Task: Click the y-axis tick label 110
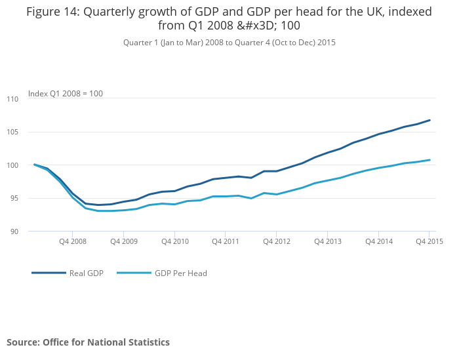pos(12,99)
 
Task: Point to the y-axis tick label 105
pos(12,132)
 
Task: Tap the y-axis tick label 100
pos(12,165)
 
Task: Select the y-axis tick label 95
pos(14,199)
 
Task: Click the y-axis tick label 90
pos(14,231)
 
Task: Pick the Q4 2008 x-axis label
pos(72,241)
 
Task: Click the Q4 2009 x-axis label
pos(123,241)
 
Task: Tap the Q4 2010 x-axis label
pos(174,241)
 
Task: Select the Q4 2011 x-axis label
pos(225,241)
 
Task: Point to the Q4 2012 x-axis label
pos(276,241)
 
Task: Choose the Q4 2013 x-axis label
pos(327,241)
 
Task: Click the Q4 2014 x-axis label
pos(378,241)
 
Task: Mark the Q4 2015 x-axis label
pos(429,241)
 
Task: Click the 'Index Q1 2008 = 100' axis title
pos(65,94)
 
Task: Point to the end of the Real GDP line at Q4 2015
pos(429,120)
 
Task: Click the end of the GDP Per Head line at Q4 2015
pos(429,160)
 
